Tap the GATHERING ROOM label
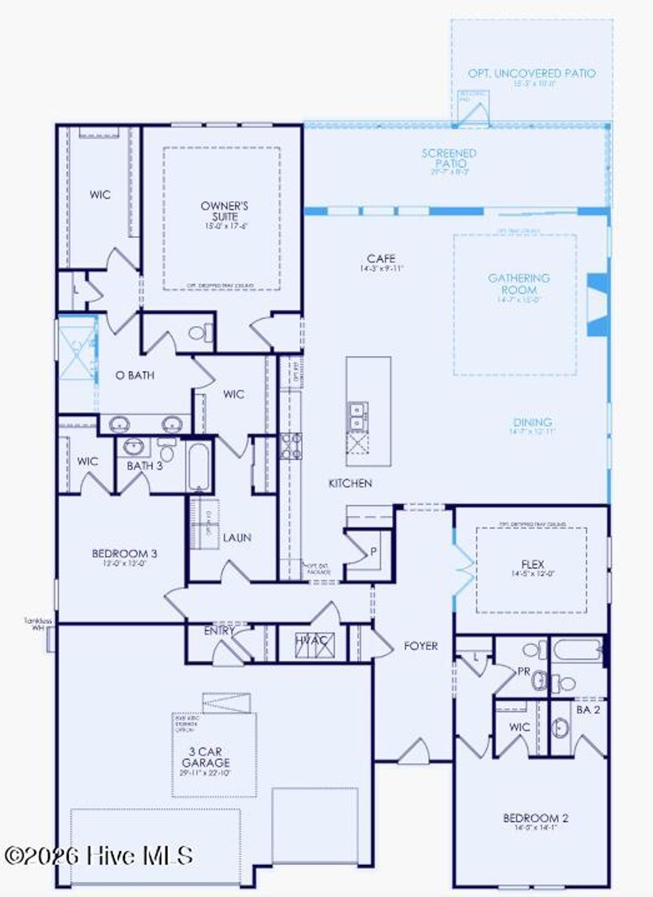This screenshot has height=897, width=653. [x=518, y=284]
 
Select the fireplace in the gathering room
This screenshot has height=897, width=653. [x=597, y=304]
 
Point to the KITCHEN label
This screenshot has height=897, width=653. [x=350, y=484]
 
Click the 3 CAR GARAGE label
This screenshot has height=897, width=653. [x=205, y=757]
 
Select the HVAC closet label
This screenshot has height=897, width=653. [x=312, y=640]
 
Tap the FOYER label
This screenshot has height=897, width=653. [x=421, y=646]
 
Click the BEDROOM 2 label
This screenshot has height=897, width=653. [x=536, y=819]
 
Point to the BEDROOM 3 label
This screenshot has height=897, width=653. [x=124, y=554]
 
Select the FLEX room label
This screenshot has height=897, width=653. [x=532, y=565]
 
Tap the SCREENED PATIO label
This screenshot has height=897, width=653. [x=449, y=158]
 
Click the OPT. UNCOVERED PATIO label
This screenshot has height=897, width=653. [x=532, y=74]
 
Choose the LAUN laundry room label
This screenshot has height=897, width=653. [x=237, y=538]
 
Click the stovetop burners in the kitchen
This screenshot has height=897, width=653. [x=291, y=445]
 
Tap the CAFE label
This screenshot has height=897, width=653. [x=381, y=259]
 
